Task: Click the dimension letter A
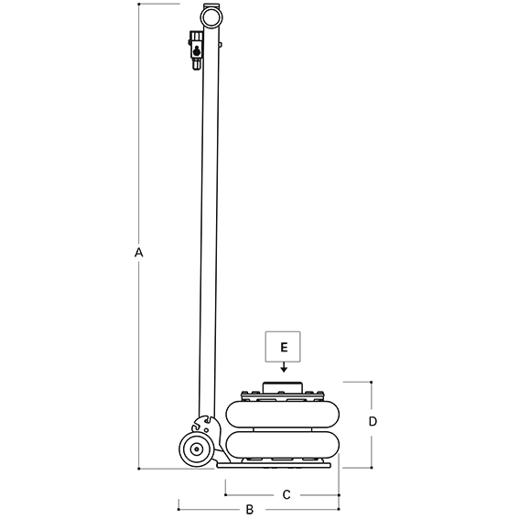[139, 253]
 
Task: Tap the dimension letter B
[250, 509]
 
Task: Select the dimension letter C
[287, 494]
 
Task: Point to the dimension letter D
[373, 421]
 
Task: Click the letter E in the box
[284, 347]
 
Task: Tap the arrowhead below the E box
[284, 370]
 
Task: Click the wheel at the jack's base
[197, 449]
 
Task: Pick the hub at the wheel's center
[197, 449]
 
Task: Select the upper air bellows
[283, 414]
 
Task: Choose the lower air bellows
[283, 445]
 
